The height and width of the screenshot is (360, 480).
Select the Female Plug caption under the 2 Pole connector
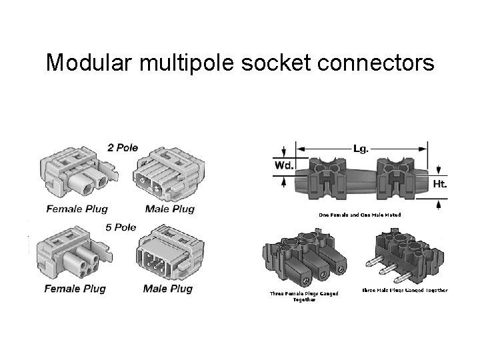[77, 209]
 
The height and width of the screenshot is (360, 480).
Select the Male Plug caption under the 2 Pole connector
[169, 209]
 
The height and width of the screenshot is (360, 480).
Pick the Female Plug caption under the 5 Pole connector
[75, 289]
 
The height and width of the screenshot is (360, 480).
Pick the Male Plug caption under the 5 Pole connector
[167, 289]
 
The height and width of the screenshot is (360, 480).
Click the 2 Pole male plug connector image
[170, 175]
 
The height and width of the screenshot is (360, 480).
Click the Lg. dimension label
[360, 147]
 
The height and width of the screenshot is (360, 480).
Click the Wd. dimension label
[283, 165]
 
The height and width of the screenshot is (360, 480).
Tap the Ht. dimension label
[439, 183]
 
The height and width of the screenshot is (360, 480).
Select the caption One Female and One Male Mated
[359, 215]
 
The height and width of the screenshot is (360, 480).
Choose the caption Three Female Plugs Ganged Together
[304, 296]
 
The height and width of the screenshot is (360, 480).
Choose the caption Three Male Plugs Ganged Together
[405, 290]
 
